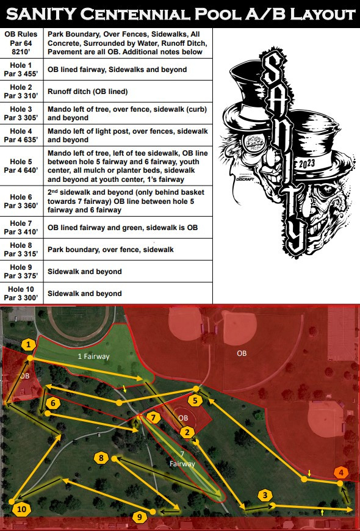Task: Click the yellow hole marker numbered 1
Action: [29, 345]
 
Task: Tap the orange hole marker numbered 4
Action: [341, 472]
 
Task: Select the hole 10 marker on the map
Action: [21, 509]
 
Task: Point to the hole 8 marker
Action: [101, 458]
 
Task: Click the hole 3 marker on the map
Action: [265, 496]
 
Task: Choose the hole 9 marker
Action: [140, 517]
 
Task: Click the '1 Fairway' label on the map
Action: [93, 356]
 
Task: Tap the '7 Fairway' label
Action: [182, 459]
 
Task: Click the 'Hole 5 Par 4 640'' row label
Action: [21, 166]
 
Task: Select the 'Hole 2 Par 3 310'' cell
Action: [21, 92]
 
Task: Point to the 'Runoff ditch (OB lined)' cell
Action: [88, 92]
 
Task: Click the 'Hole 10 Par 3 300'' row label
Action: [21, 293]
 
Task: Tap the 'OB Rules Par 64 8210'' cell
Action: [21, 43]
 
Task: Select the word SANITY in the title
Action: [41, 14]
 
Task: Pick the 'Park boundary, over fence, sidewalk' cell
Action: [110, 250]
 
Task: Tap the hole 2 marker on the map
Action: [187, 432]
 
